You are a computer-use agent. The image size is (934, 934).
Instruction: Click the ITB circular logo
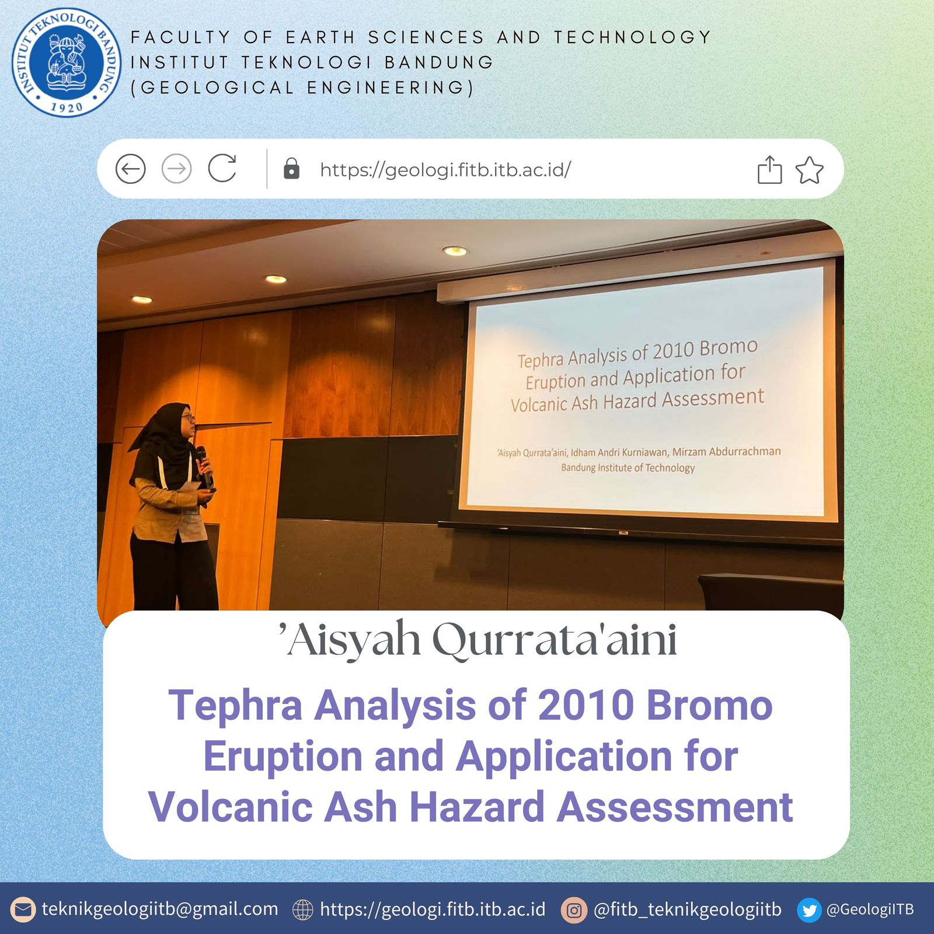coord(67,62)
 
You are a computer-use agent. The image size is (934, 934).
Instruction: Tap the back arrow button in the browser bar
coord(130,169)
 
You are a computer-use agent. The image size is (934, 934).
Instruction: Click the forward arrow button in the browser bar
coord(176,169)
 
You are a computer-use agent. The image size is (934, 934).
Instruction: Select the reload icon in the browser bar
coord(222,169)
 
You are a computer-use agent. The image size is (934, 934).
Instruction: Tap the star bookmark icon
coord(809,170)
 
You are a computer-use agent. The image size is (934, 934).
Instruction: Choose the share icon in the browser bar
coord(769,170)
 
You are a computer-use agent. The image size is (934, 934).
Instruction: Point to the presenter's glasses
coord(188,417)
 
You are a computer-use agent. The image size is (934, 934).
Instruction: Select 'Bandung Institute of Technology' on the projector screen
coord(628,468)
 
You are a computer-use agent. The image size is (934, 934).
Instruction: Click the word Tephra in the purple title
coord(235,705)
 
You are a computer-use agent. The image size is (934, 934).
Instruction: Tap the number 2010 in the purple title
coord(586,705)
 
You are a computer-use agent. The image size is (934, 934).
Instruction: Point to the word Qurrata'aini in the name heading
coord(555,640)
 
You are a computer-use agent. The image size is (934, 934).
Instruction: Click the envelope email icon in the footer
coord(23,910)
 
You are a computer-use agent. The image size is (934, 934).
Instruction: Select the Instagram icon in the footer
coord(574,910)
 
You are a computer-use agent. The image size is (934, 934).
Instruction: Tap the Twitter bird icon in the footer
coord(809,910)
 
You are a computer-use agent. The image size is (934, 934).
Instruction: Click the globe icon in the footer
coord(302,910)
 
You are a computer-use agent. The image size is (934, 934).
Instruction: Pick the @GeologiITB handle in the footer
coord(870,909)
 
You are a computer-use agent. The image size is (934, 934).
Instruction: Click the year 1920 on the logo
coord(67,107)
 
